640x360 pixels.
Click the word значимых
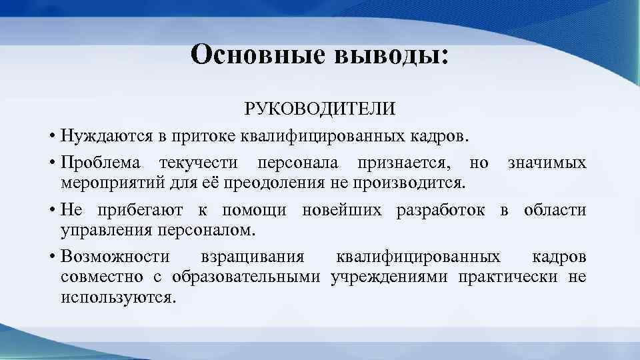[x=547, y=163]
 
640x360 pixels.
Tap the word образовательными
[x=247, y=277]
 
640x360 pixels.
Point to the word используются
[x=118, y=297]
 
